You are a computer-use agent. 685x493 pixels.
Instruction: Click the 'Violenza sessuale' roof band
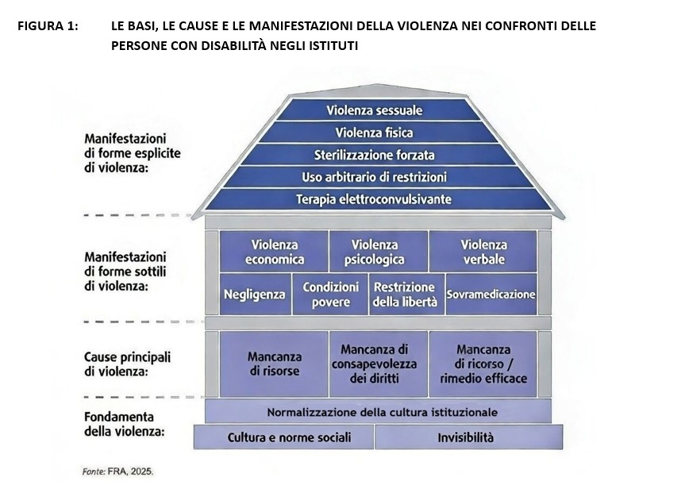coord(375,110)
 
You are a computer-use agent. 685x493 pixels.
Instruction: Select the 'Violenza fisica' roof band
coord(375,133)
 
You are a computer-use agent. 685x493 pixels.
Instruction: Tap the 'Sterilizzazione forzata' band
coord(375,155)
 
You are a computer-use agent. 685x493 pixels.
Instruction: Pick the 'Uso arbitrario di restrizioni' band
coord(375,177)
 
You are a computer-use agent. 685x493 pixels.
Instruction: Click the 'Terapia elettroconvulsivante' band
coord(375,199)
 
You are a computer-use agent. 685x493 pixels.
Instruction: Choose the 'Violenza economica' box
coord(274,252)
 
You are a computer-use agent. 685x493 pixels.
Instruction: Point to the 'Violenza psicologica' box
coord(379,252)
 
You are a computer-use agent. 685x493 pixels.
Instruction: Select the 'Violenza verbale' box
coord(483,252)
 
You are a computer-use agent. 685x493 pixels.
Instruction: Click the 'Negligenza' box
coord(255,295)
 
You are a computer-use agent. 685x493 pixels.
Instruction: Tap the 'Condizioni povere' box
coord(330,295)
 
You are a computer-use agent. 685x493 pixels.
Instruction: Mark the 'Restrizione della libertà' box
coord(406,295)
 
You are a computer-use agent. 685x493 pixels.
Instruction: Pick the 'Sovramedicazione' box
coord(491,295)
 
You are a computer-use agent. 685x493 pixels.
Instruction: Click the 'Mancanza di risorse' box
coord(274,364)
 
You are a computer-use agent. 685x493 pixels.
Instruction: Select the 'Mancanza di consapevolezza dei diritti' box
coord(379,364)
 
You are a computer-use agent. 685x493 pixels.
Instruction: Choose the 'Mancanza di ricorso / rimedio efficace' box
coord(483,364)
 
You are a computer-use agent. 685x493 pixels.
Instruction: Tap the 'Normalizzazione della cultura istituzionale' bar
coord(379,411)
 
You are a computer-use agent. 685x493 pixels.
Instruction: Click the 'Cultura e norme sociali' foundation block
coord(283,437)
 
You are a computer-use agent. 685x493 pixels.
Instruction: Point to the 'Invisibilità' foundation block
coord(469,437)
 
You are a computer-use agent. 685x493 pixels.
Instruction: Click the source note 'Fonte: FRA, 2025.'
coord(118,472)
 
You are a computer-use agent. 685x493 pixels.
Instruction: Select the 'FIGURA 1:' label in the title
coord(48,25)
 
